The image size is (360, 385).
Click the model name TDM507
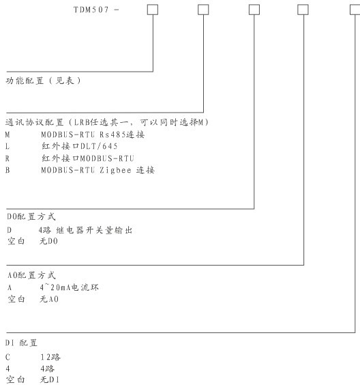click(x=91, y=10)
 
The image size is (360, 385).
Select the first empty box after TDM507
click(x=153, y=10)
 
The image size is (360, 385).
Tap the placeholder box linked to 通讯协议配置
click(x=203, y=10)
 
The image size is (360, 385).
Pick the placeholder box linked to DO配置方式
click(x=254, y=10)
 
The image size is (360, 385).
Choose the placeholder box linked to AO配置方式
click(x=303, y=10)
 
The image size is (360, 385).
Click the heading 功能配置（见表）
click(x=43, y=81)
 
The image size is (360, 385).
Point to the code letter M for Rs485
click(x=7, y=134)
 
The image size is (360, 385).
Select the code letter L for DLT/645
click(x=7, y=146)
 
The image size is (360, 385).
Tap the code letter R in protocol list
click(x=7, y=158)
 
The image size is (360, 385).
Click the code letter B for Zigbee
click(x=7, y=170)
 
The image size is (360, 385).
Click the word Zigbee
click(x=115, y=170)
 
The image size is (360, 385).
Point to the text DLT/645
click(x=99, y=146)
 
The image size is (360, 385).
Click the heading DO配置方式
click(x=31, y=216)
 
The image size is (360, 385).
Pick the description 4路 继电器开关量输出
click(x=86, y=230)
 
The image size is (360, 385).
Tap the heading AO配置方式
click(x=31, y=275)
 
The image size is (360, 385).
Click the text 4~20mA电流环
click(x=69, y=287)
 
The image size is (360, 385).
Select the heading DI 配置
click(x=21, y=343)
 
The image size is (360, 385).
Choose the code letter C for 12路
click(x=7, y=357)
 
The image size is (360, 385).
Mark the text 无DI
click(x=49, y=380)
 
